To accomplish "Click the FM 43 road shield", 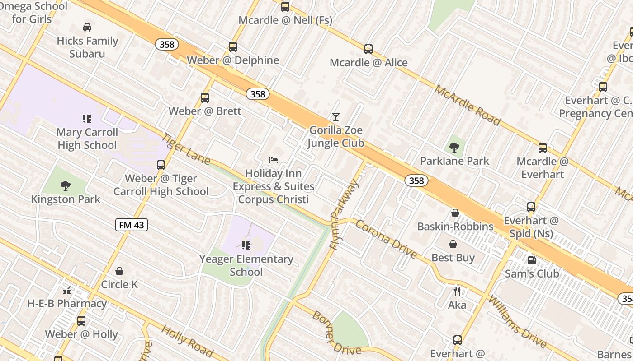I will (132, 225).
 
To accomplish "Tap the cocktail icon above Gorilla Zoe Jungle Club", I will (335, 117).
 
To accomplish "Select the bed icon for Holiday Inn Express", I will (274, 160).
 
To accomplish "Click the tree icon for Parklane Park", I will (454, 147).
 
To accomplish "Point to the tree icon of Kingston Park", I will (66, 185).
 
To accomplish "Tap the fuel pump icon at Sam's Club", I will (532, 260).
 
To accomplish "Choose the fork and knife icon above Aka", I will (457, 292).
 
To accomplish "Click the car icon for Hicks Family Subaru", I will (87, 28).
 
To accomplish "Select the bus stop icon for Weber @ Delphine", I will (233, 47).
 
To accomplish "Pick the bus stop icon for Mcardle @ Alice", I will (368, 49).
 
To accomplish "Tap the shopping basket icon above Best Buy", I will (453, 244).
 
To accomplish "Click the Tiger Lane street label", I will (186, 148).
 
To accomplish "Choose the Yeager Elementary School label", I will (246, 265).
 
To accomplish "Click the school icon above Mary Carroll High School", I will (87, 119).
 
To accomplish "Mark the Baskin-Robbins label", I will (455, 227).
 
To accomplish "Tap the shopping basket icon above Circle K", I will (119, 271).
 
